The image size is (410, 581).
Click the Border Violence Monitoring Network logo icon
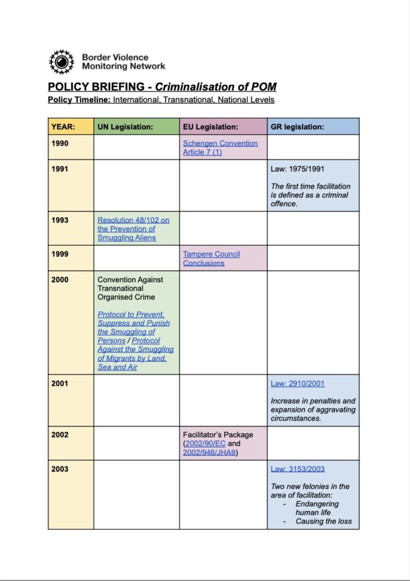pyautogui.click(x=61, y=62)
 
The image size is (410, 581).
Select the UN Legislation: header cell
pyautogui.click(x=125, y=127)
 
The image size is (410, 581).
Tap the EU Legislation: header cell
pyautogui.click(x=210, y=127)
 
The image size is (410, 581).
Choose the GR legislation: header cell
pyautogui.click(x=297, y=127)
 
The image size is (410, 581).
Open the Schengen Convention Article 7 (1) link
pyautogui.click(x=220, y=148)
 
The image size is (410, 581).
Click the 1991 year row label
pyautogui.click(x=60, y=169)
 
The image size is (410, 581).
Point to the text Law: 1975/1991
pyautogui.click(x=298, y=169)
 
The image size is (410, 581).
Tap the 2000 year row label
pyautogui.click(x=60, y=280)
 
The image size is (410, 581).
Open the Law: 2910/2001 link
pyautogui.click(x=298, y=384)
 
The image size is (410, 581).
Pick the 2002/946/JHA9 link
pyautogui.click(x=209, y=452)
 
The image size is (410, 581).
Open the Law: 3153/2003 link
pyautogui.click(x=298, y=469)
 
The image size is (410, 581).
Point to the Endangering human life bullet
pyautogui.click(x=317, y=508)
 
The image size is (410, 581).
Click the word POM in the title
pyautogui.click(x=264, y=87)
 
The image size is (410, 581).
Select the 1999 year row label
pyautogui.click(x=60, y=254)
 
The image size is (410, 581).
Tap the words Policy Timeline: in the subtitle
pyautogui.click(x=79, y=100)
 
